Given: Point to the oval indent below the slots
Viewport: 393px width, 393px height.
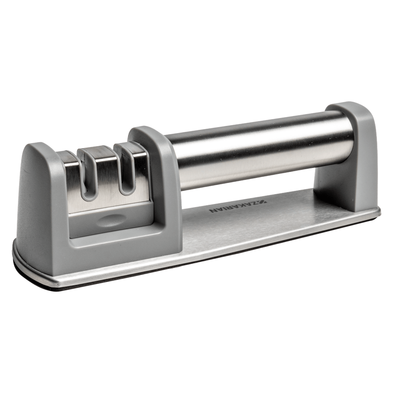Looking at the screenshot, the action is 109,220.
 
